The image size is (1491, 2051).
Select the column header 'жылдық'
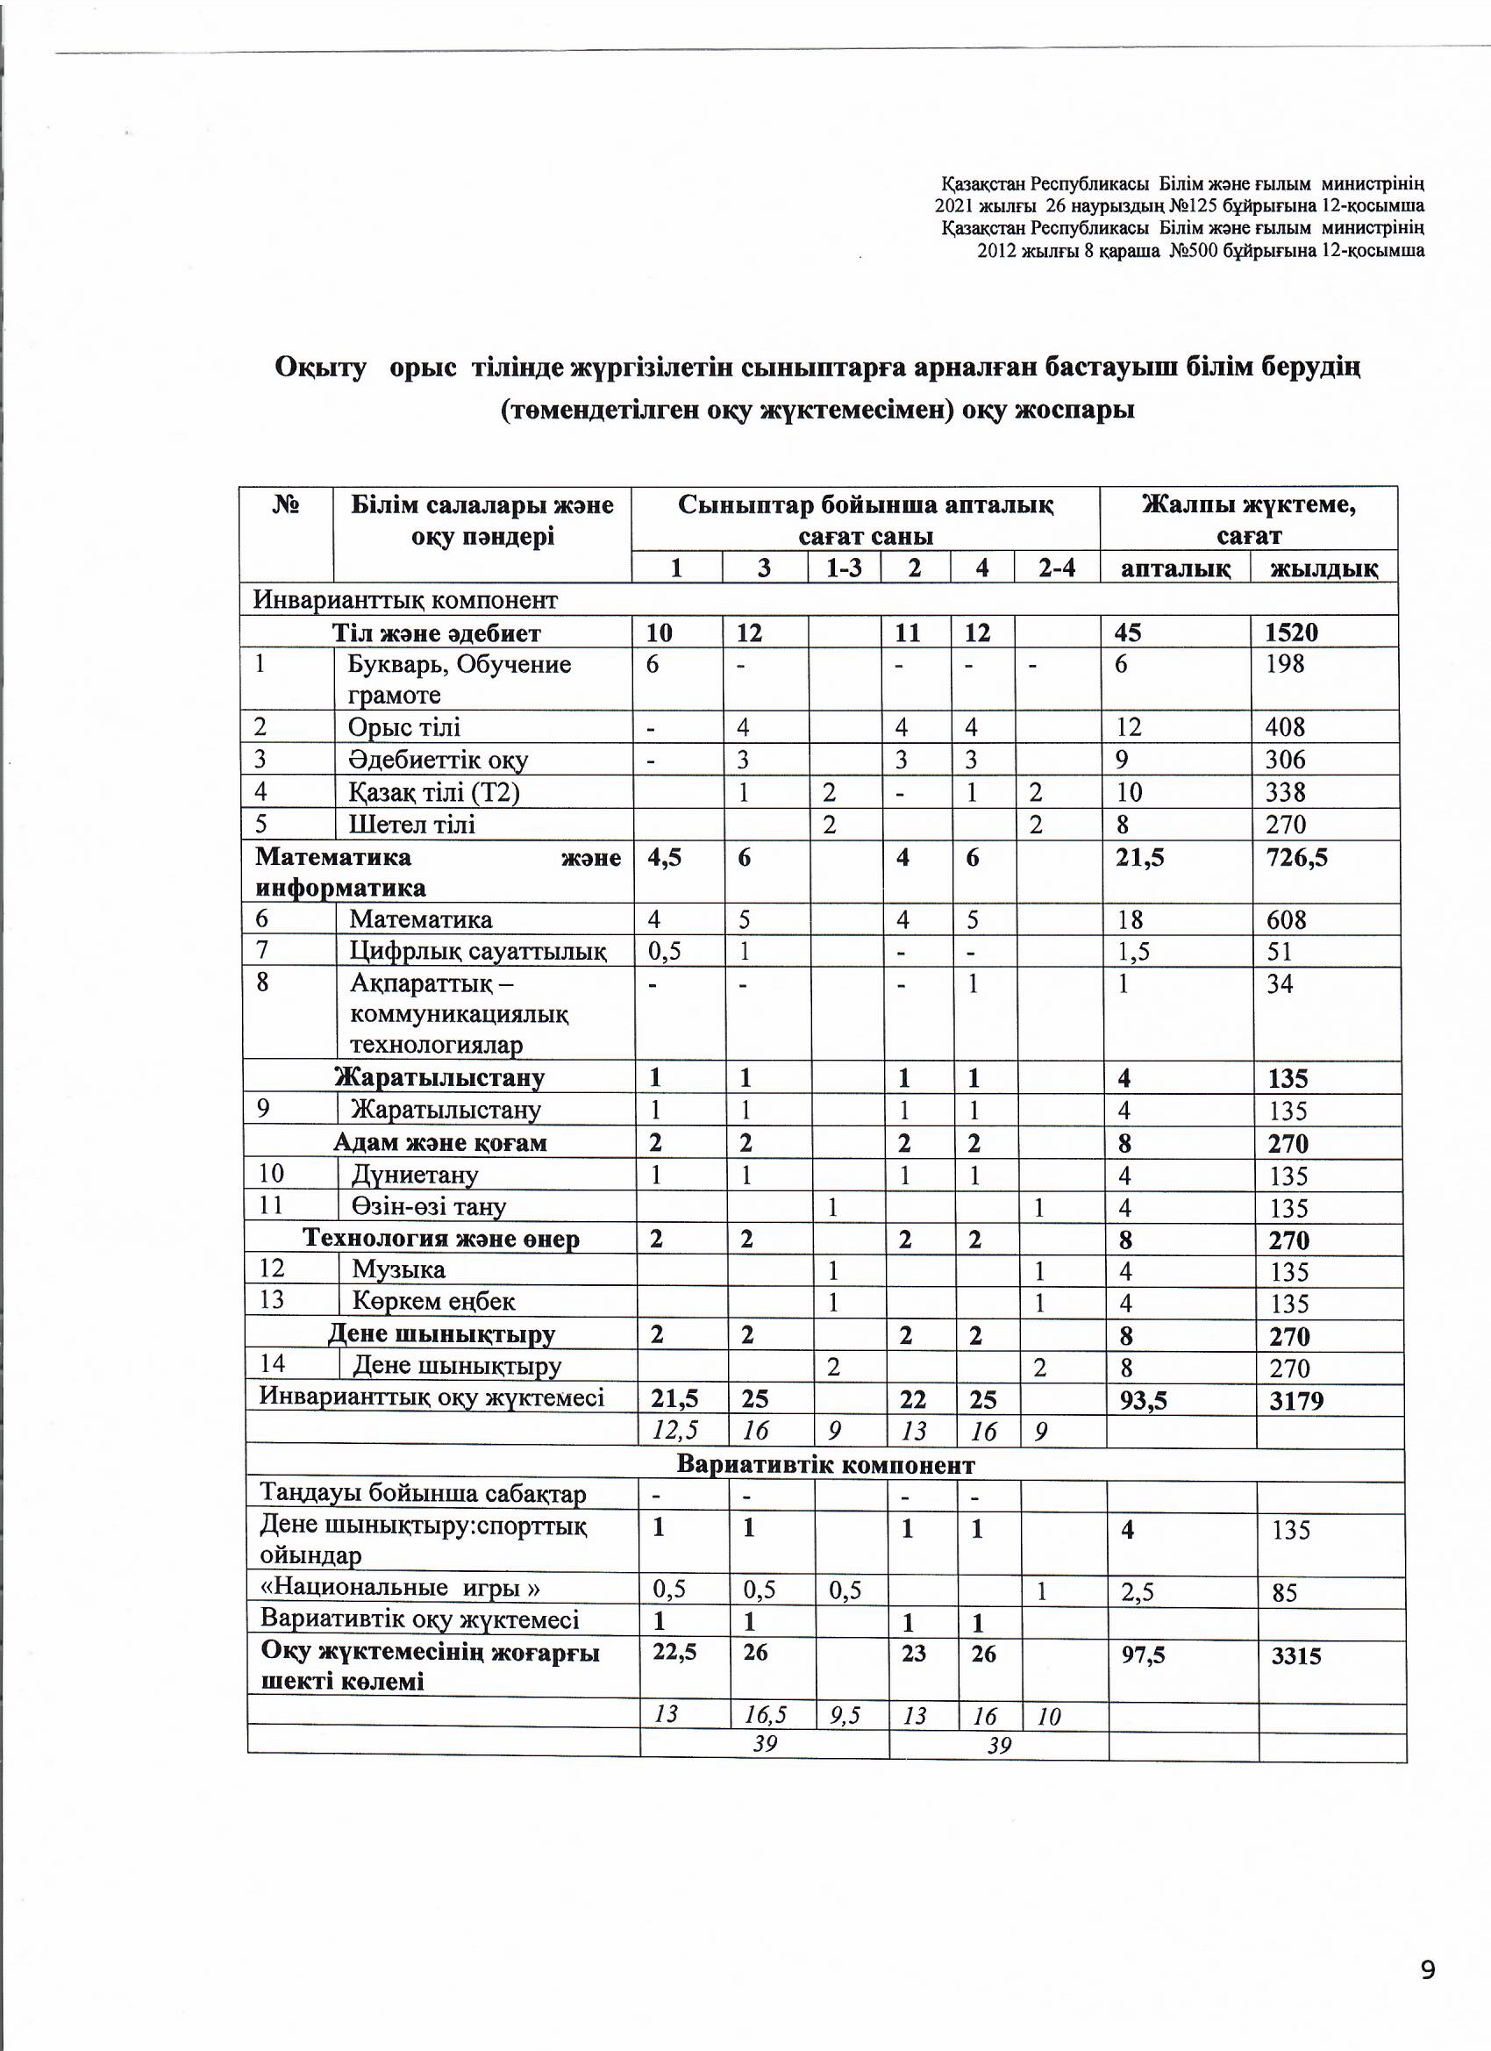click(1324, 568)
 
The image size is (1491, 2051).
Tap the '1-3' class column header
click(844, 568)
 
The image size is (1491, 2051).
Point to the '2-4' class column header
click(1056, 568)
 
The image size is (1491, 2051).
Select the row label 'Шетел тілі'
click(411, 824)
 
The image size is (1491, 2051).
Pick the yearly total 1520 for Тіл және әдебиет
click(1291, 632)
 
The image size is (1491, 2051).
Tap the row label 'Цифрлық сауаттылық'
click(478, 950)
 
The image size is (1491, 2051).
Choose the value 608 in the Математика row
click(1285, 919)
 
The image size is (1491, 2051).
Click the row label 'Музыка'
click(399, 1269)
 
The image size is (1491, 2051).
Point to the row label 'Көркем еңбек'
click(433, 1301)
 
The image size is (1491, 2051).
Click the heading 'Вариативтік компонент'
click(824, 1465)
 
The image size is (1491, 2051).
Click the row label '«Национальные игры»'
click(400, 1588)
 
